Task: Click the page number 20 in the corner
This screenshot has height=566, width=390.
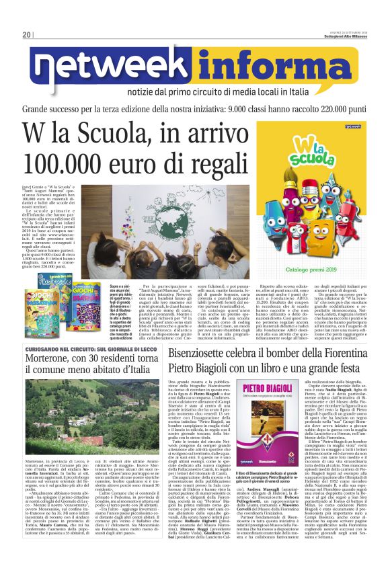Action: tap(26, 35)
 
